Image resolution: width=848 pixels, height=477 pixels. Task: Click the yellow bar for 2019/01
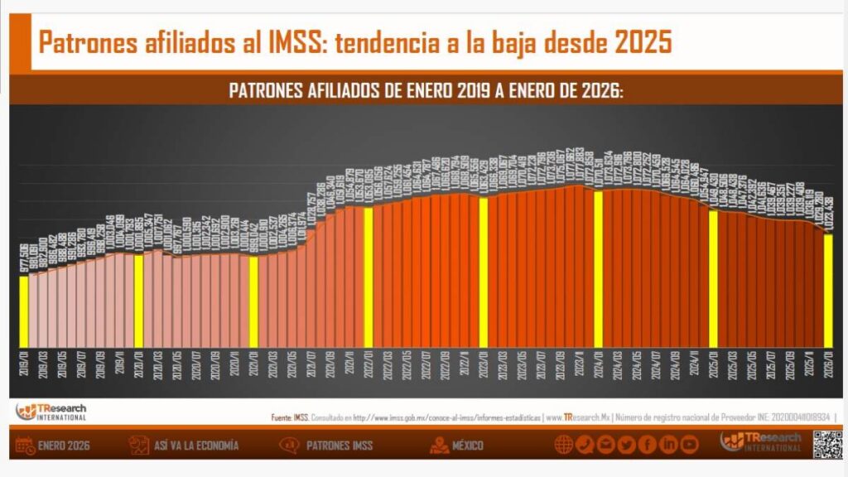(x=23, y=311)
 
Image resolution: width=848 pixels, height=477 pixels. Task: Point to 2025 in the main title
(x=642, y=42)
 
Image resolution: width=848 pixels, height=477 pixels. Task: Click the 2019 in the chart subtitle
(x=472, y=91)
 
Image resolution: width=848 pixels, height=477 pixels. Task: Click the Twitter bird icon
(x=627, y=445)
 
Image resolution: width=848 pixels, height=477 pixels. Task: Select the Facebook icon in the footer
(x=648, y=445)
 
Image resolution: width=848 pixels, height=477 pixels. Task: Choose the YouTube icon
(x=689, y=445)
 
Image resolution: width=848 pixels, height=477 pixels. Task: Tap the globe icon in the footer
(x=565, y=445)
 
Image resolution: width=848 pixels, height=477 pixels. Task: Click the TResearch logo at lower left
(x=51, y=412)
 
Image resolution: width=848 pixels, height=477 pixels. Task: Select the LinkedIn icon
(x=668, y=445)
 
